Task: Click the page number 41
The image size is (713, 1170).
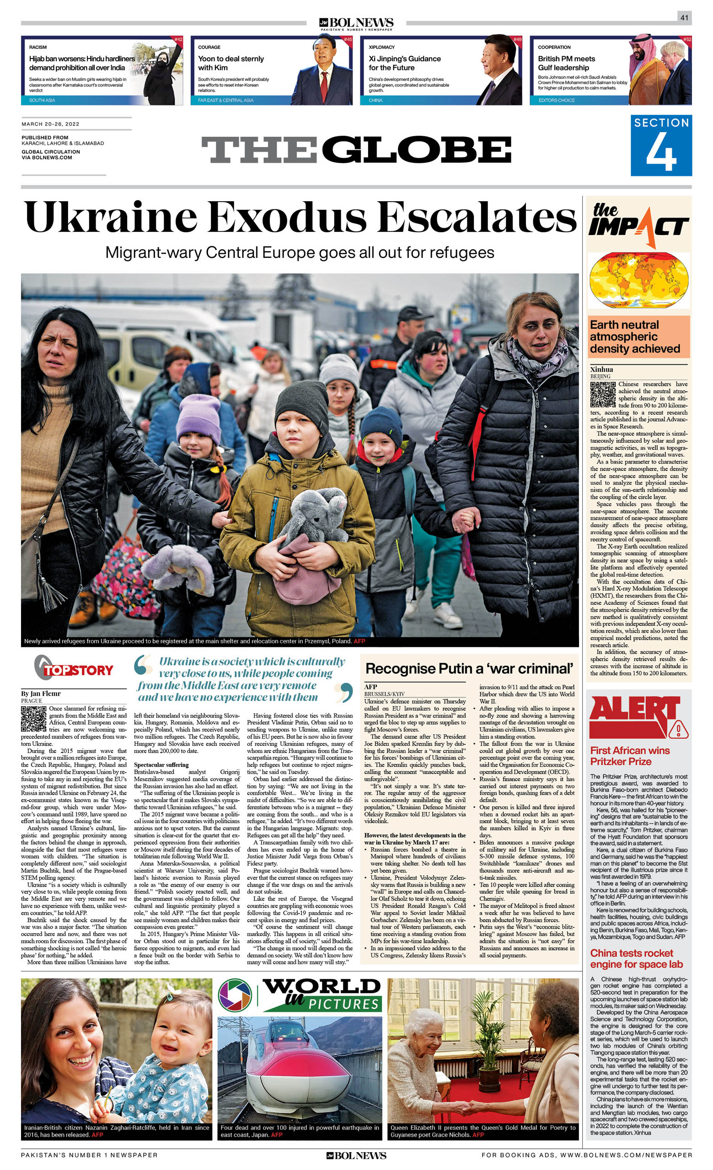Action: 684,17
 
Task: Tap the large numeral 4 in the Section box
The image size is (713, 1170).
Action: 661,151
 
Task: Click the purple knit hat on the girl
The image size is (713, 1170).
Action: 199,418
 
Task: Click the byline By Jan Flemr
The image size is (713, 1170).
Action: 41,694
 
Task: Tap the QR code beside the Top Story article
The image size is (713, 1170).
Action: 33,719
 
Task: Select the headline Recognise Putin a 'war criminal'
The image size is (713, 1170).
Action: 469,669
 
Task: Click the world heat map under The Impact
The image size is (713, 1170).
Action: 639,280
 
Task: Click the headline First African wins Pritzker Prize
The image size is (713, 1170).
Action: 629,756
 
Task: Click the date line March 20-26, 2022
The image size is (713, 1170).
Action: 50,124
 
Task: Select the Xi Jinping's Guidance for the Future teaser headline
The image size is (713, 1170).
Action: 405,63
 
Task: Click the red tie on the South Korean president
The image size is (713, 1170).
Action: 324,86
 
